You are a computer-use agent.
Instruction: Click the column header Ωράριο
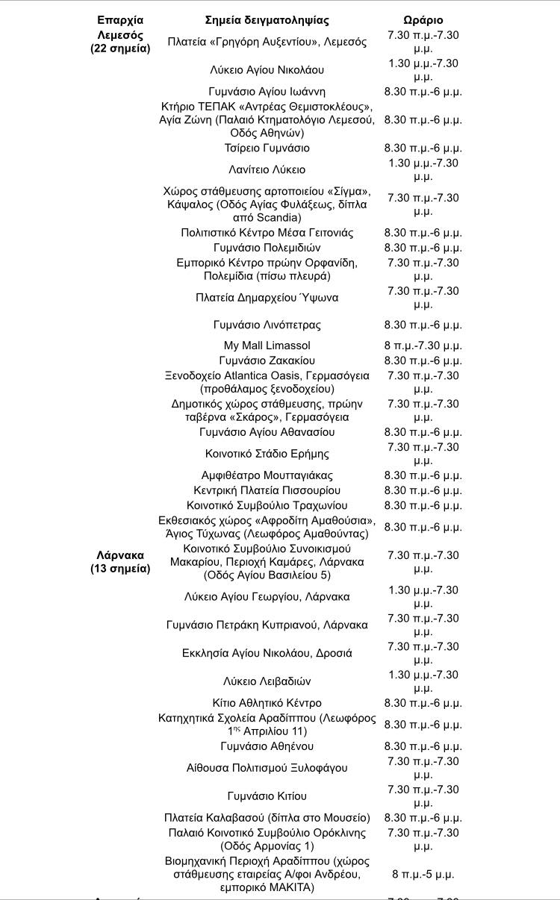coord(423,20)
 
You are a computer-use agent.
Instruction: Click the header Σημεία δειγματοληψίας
coord(267,20)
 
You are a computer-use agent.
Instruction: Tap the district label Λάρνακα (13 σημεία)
coord(120,562)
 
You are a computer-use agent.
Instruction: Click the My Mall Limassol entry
coord(267,346)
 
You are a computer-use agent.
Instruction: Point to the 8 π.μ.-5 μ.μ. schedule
coord(423,874)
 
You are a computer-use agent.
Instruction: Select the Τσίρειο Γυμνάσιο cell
coord(267,148)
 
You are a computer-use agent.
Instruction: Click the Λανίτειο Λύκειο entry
coord(267,169)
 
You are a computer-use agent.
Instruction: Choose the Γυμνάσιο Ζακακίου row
coord(267,360)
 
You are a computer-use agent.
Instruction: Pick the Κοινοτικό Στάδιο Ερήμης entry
coord(267,454)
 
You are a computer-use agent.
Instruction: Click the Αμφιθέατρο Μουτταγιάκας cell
coord(267,475)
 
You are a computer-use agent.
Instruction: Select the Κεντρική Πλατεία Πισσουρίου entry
coord(267,490)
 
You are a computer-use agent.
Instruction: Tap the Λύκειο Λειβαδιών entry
coord(267,681)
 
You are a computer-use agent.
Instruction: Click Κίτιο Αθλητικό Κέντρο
coord(267,703)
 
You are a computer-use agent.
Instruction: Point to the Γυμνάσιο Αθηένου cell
coord(267,746)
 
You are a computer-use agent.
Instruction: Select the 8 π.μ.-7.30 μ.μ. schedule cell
coord(423,346)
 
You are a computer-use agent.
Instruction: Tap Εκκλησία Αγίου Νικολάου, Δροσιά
coord(267,653)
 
